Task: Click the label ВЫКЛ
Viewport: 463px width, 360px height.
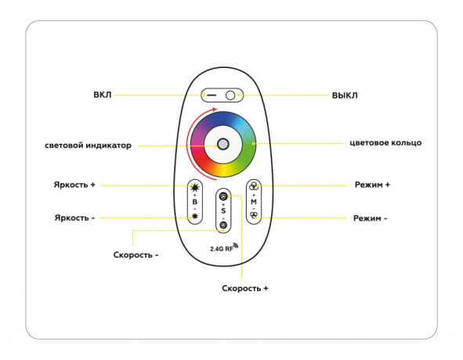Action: pyautogui.click(x=345, y=95)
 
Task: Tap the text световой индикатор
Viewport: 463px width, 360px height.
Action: pyautogui.click(x=88, y=145)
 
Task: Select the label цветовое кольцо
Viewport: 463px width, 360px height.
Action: pyautogui.click(x=385, y=143)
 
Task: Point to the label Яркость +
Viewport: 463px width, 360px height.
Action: pyautogui.click(x=74, y=185)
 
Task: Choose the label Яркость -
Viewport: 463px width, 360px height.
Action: pyautogui.click(x=74, y=218)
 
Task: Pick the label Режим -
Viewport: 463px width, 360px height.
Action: pyautogui.click(x=371, y=218)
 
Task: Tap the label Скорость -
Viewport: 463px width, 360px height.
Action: pyautogui.click(x=136, y=255)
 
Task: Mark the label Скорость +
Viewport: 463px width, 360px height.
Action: pyautogui.click(x=245, y=288)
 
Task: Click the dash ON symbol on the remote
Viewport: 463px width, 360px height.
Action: pyautogui.click(x=212, y=95)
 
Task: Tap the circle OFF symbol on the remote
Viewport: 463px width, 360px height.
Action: pyautogui.click(x=230, y=95)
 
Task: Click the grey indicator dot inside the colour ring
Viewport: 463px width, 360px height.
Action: pyautogui.click(x=222, y=144)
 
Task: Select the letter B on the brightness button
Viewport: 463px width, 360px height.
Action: pyautogui.click(x=194, y=202)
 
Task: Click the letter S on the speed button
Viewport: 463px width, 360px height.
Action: pyautogui.click(x=222, y=211)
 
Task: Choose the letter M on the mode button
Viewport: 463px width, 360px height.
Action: pyautogui.click(x=254, y=202)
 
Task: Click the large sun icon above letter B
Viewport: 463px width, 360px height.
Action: pyautogui.click(x=195, y=188)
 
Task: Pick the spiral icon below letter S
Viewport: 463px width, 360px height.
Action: pyautogui.click(x=223, y=225)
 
